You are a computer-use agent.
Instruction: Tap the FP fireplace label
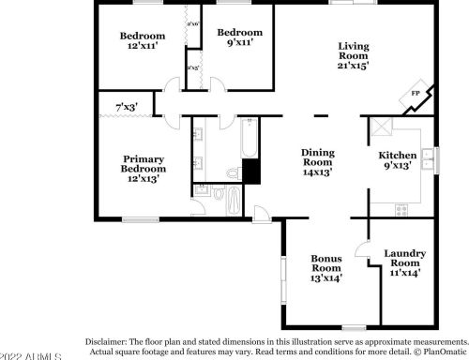click(416, 94)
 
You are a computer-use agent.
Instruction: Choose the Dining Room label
click(318, 162)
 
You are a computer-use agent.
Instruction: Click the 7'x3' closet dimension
click(126, 107)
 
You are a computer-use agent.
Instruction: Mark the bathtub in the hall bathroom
click(250, 141)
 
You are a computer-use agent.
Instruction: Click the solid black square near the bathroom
click(250, 172)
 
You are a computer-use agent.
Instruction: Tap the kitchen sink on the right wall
click(429, 158)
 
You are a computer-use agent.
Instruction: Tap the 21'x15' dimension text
click(354, 67)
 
